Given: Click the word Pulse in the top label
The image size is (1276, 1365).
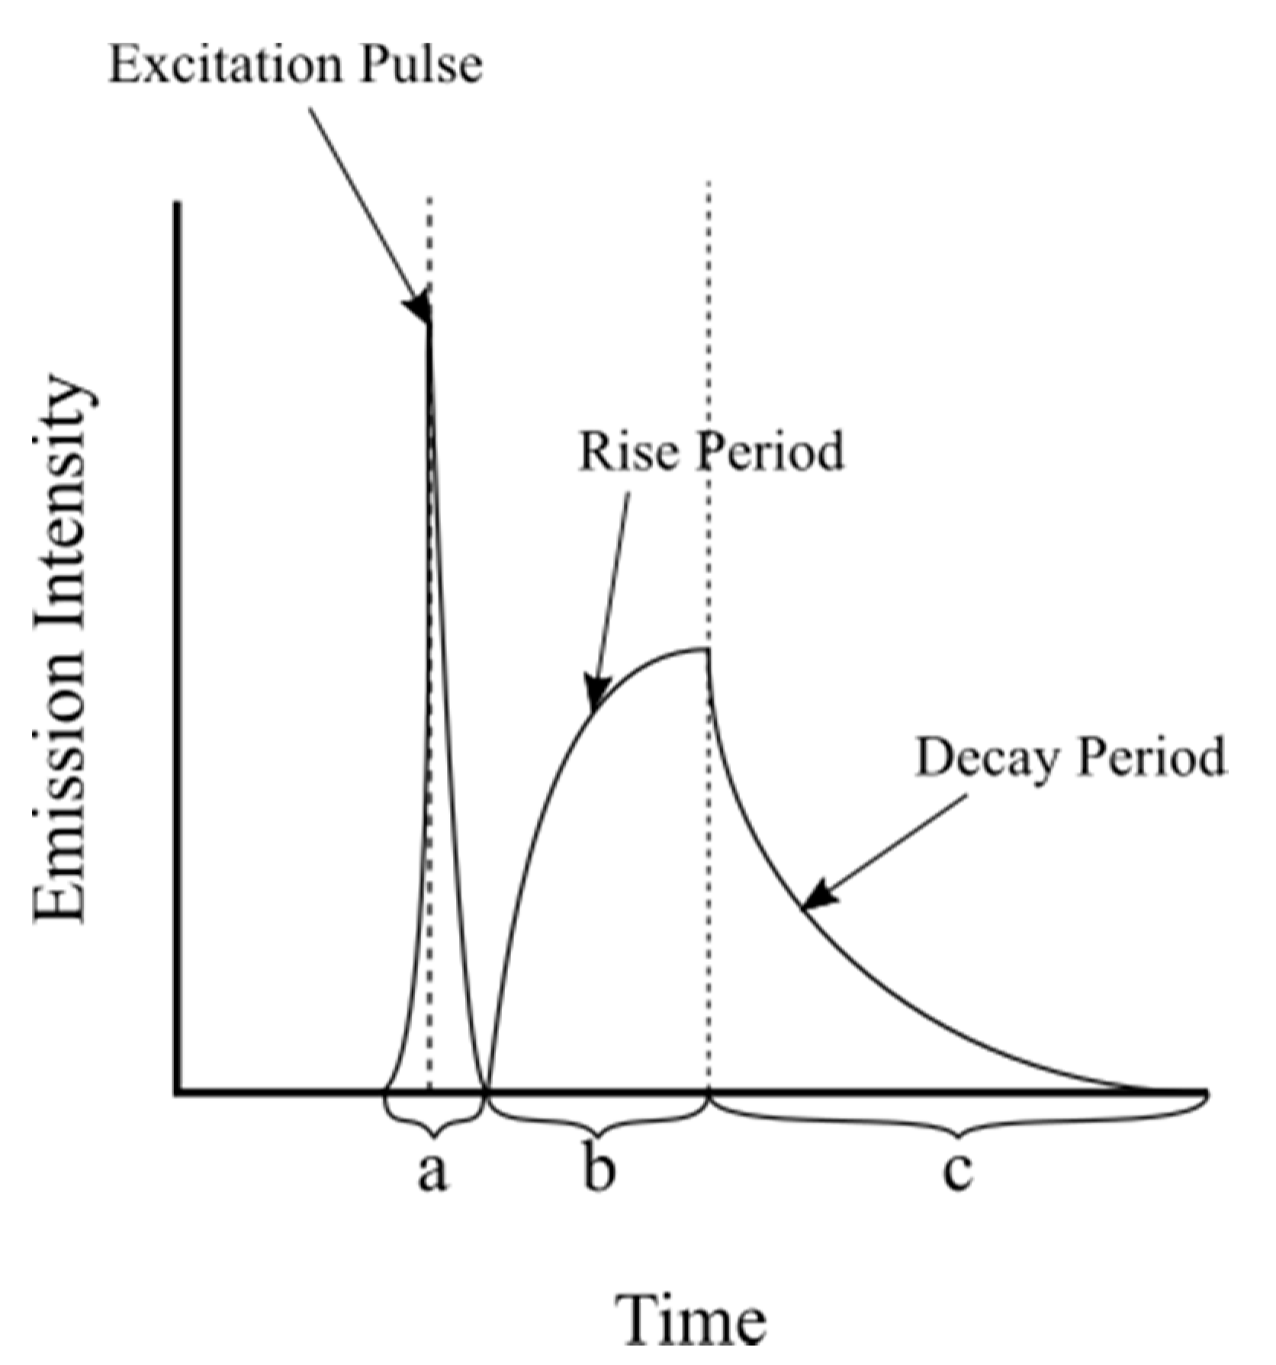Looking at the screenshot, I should click(x=422, y=64).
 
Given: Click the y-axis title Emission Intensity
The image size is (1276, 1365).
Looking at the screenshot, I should click(x=60, y=648).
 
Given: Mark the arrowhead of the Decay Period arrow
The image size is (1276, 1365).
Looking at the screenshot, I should click(x=820, y=894).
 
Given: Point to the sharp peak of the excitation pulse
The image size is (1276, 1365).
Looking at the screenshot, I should click(x=429, y=320).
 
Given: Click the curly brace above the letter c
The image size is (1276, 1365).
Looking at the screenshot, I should click(x=958, y=1119).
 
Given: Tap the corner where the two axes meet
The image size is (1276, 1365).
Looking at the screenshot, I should click(x=178, y=1093).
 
